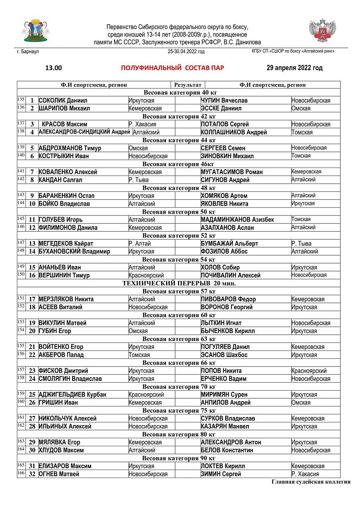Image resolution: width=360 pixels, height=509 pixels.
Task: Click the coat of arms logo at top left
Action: point(35,31)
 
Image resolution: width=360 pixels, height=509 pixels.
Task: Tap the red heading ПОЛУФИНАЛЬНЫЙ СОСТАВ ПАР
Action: point(173,68)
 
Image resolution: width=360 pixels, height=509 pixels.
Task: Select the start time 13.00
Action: point(54,68)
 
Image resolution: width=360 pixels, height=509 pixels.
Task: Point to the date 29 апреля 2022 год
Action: point(294,68)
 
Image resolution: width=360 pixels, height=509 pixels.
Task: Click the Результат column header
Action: point(187,85)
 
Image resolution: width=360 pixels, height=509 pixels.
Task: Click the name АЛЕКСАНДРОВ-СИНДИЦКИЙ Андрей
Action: point(84,132)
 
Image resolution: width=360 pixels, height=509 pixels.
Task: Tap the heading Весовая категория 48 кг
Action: point(179,188)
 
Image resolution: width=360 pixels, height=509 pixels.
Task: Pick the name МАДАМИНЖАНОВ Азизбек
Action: point(237,220)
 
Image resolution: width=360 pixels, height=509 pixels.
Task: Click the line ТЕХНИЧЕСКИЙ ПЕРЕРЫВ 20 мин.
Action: point(179,283)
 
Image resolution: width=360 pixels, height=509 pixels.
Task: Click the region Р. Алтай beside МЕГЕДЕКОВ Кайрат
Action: point(140,243)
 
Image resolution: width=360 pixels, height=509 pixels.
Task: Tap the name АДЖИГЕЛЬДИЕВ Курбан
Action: point(72,394)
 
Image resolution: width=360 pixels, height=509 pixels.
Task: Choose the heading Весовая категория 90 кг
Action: point(179,458)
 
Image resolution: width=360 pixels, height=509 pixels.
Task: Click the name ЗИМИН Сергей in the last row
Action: point(220,474)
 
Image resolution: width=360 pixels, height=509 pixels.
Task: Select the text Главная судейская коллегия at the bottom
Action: point(311,482)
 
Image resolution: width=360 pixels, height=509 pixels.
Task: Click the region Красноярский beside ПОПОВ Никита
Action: point(309,371)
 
